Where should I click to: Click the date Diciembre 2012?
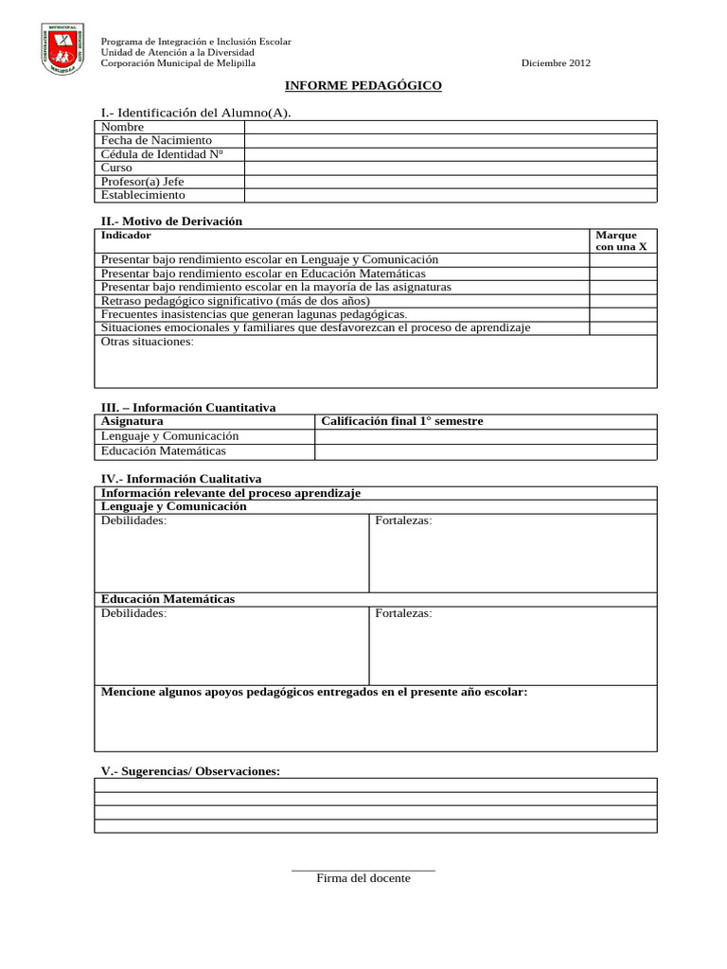coord(556,63)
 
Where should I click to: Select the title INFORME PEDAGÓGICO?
coord(363,86)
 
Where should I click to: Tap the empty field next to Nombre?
coord(450,127)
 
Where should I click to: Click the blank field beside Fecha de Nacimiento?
coord(450,140)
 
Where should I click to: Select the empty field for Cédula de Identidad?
coord(450,154)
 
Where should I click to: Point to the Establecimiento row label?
coord(143,195)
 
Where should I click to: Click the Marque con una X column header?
coord(622,240)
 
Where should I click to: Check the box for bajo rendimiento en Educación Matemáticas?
coord(622,273)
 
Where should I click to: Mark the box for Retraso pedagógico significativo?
coord(622,300)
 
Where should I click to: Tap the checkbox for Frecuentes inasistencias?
coord(622,313)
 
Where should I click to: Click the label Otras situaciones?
coord(147,342)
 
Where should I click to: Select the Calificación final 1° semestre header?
coord(402,421)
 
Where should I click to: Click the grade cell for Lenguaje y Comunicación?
coord(485,436)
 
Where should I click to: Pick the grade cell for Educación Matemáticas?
coord(485,451)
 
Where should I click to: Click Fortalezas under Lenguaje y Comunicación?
coord(403,520)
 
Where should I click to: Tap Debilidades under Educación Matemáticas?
coord(133,613)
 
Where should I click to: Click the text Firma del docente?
coord(363,878)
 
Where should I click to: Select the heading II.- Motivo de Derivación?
coord(171,220)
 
